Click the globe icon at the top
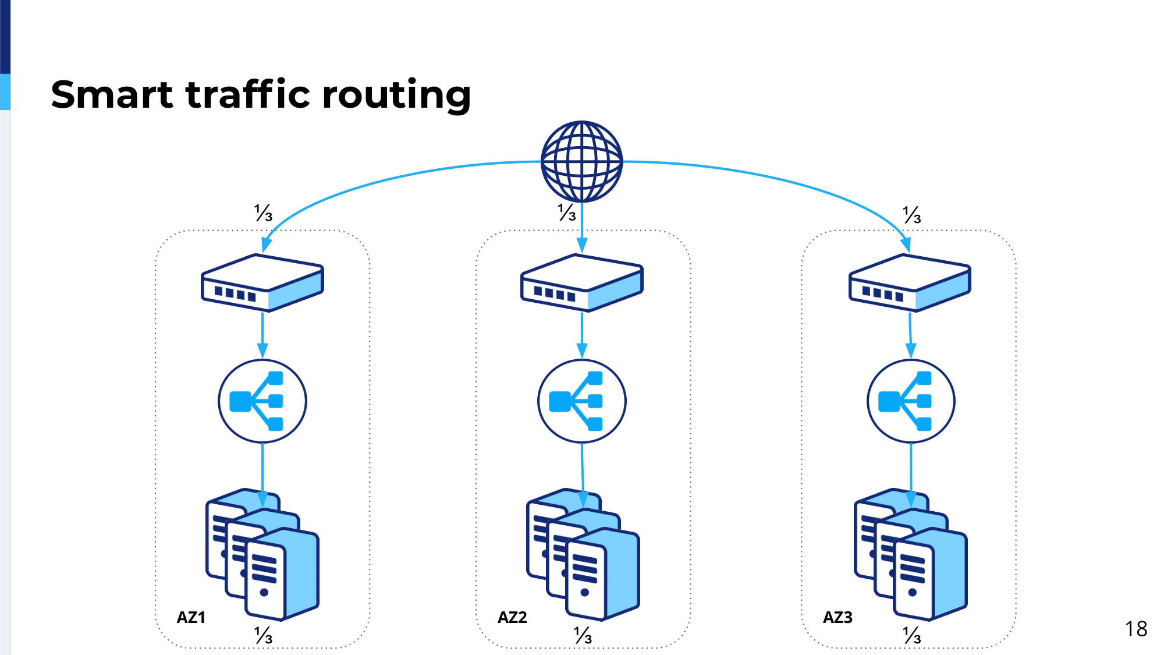581,161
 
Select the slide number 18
1136,629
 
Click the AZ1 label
191,617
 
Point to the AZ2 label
512,617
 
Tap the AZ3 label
837,617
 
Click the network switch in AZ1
262,282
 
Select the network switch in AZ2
581,282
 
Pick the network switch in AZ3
910,282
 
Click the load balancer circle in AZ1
262,401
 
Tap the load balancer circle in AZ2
581,401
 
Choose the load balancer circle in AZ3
911,401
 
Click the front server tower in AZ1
282,574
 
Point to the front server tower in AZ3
930,574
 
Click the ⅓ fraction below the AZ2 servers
583,635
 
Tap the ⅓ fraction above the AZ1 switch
264,213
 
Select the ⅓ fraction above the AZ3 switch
912,214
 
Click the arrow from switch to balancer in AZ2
581,336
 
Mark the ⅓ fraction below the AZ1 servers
264,635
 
